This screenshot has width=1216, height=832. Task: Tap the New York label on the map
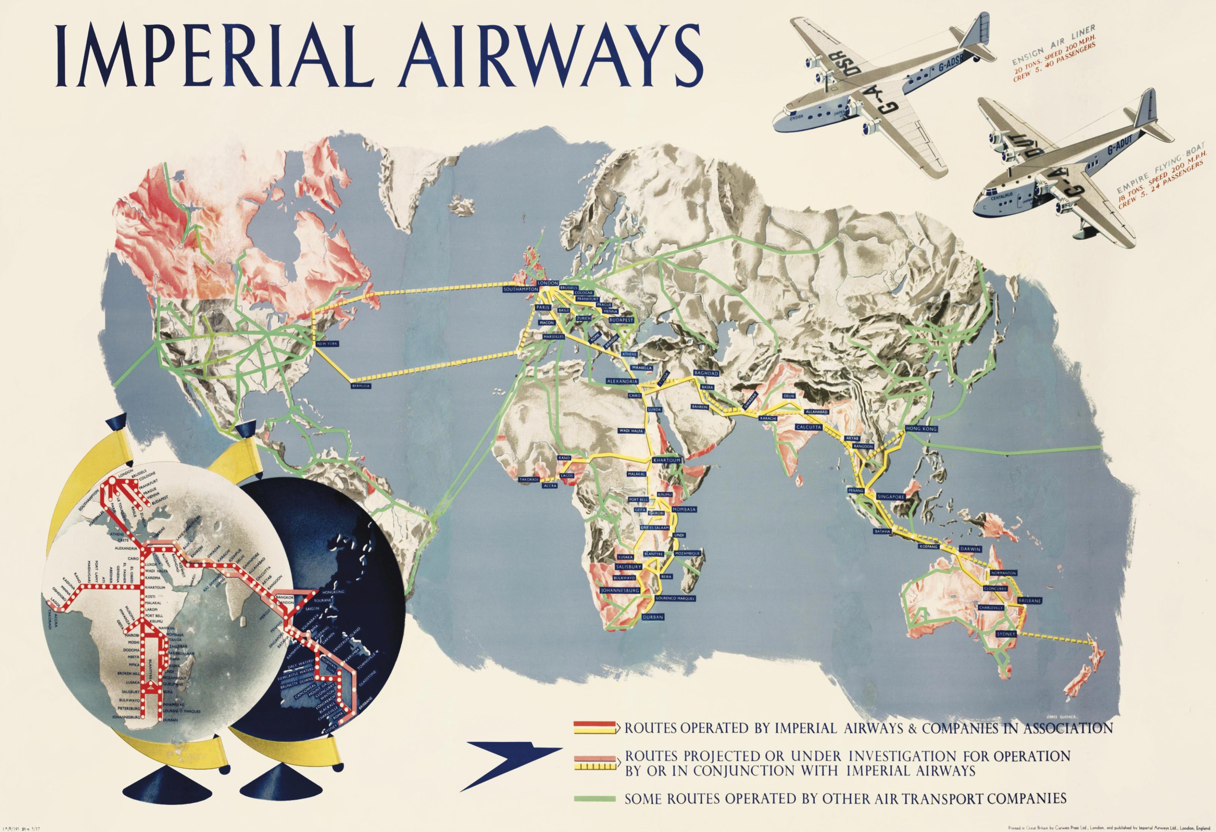coord(328,344)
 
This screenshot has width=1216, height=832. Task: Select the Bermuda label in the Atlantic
coord(361,386)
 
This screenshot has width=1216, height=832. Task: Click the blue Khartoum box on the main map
coord(666,460)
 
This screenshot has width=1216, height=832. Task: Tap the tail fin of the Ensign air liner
coord(981,32)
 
